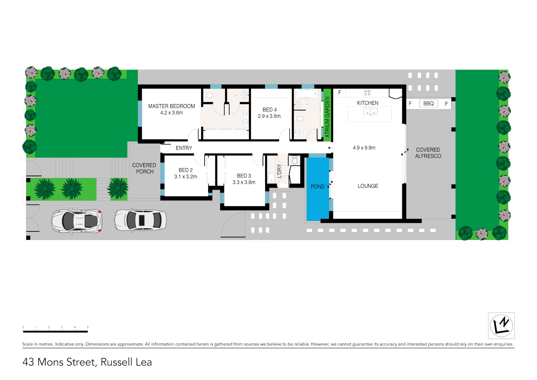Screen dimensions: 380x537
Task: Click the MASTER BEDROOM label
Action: tap(171, 106)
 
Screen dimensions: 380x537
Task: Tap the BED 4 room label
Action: tap(269, 109)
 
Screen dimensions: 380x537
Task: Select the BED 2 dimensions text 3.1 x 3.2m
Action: tap(185, 177)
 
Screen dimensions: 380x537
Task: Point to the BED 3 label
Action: tap(244, 176)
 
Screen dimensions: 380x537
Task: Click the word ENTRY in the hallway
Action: tap(184, 148)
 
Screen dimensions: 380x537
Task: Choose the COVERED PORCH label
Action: tap(144, 168)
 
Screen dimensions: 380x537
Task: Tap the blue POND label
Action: tap(318, 187)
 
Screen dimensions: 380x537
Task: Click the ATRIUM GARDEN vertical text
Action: tap(327, 117)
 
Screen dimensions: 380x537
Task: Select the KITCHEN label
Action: tap(367, 103)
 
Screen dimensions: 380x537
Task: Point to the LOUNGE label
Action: tap(368, 186)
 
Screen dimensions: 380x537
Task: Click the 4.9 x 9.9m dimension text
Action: tap(364, 148)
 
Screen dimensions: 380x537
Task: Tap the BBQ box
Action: tap(428, 103)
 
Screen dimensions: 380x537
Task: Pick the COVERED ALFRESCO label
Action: tap(428, 153)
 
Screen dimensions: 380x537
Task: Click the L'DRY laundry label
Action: tap(279, 171)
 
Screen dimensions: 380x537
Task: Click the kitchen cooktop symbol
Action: tap(367, 93)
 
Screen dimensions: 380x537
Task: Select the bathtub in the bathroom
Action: tap(307, 94)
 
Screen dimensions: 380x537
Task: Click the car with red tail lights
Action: tap(77, 221)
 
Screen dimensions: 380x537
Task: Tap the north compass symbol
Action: tap(501, 325)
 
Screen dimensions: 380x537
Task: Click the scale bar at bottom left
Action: tap(55, 331)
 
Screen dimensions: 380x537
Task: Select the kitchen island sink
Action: tap(370, 112)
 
